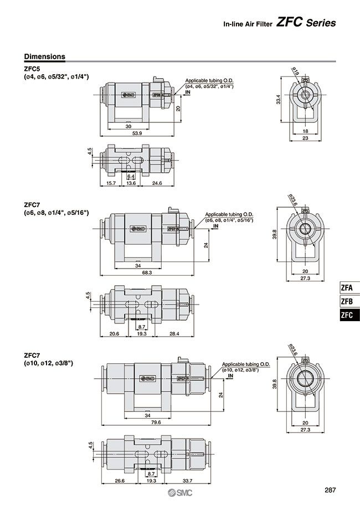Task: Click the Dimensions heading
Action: [45, 56]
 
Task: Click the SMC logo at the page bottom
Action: [179, 494]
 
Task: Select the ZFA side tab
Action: [347, 288]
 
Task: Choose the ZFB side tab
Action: [347, 302]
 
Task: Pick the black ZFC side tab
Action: [347, 316]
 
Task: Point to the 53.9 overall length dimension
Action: [137, 133]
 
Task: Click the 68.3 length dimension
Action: [147, 272]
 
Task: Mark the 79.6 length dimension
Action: [156, 423]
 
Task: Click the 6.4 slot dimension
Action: [131, 176]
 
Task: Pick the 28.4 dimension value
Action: [175, 334]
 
